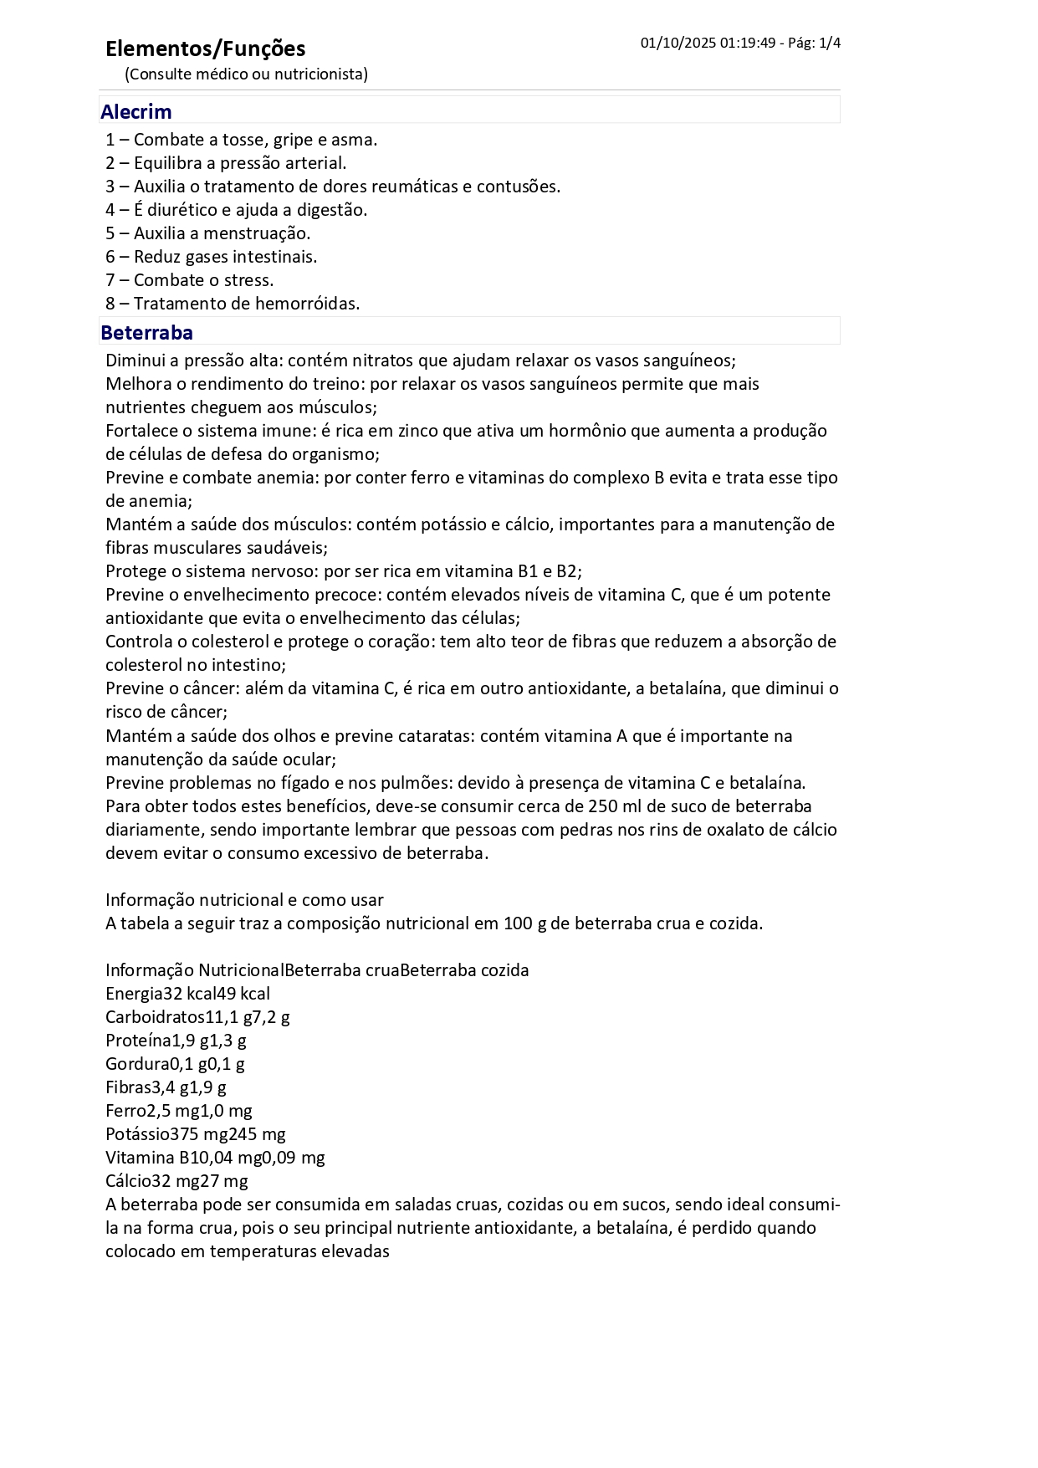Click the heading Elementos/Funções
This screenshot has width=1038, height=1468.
tap(205, 49)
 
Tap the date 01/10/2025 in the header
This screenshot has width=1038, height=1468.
tap(678, 43)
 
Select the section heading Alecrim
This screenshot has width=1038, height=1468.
tap(136, 111)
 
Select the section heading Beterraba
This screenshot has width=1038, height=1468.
tap(146, 332)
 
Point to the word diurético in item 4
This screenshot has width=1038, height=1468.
tap(191, 210)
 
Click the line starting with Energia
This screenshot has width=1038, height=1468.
tap(187, 994)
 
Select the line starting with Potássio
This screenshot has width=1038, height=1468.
tap(195, 1134)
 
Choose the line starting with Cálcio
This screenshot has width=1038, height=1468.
tap(176, 1181)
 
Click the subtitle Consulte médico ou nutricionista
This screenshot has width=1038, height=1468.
tap(246, 74)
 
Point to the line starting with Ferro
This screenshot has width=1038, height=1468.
tap(178, 1111)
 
